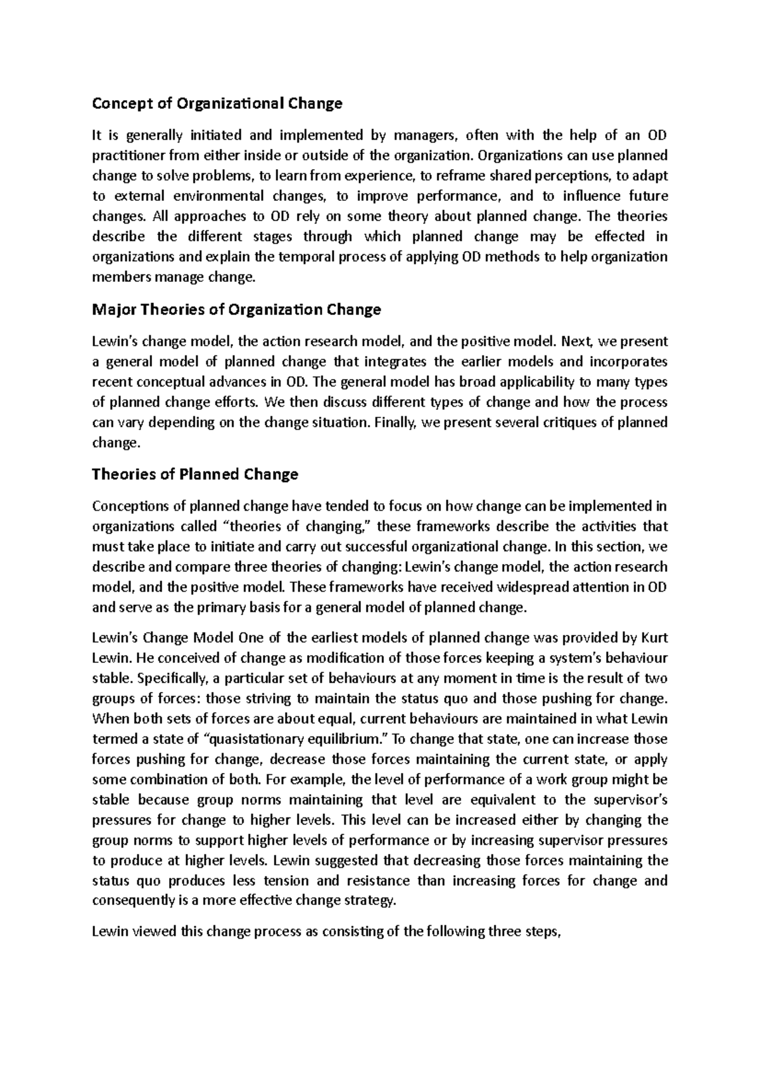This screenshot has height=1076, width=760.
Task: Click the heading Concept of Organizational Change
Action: pos(217,103)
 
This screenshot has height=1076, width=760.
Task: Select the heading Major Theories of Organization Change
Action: pos(236,310)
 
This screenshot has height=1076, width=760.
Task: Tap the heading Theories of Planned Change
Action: pos(195,474)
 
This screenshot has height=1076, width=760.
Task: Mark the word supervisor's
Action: pos(629,800)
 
